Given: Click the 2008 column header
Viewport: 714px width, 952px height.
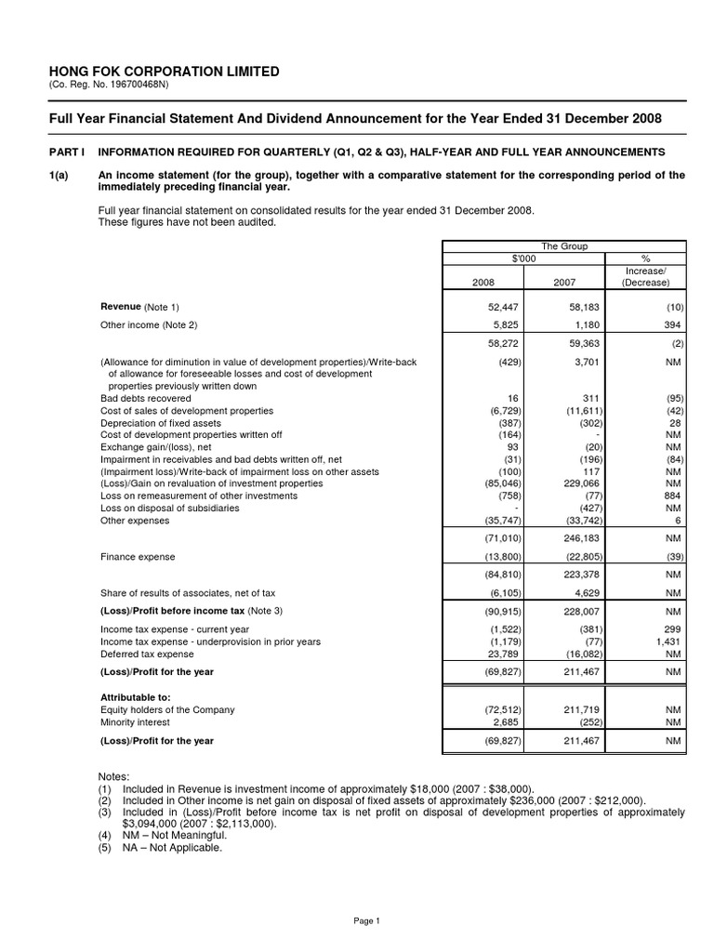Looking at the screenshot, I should pos(484,282).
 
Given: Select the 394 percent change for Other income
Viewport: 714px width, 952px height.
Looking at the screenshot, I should pos(673,324).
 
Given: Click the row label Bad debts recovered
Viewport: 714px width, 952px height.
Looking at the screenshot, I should pos(145,398).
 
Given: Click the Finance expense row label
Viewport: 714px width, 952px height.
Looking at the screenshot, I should pos(137,557).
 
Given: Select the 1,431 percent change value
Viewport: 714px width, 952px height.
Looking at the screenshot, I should pos(668,641).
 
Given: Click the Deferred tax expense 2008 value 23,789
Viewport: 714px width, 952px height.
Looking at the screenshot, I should pos(500,654).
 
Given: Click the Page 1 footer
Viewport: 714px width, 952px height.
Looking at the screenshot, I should pos(367,920).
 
